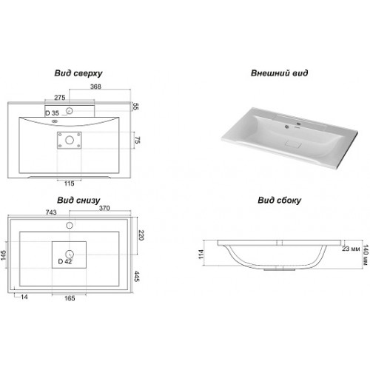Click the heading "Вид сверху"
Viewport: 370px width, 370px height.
(x=78, y=73)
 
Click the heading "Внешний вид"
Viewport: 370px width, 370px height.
(x=279, y=73)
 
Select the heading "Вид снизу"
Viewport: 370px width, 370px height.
(x=78, y=200)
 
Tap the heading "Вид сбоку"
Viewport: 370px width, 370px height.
(x=280, y=200)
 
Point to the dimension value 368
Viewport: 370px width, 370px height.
(x=95, y=87)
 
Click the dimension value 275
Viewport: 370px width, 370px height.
(x=60, y=98)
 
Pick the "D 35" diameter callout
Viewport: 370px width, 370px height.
(x=53, y=113)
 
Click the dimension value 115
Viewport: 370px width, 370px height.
(x=69, y=184)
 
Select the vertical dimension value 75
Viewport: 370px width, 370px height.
(x=138, y=141)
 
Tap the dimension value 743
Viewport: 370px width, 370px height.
(x=51, y=212)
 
